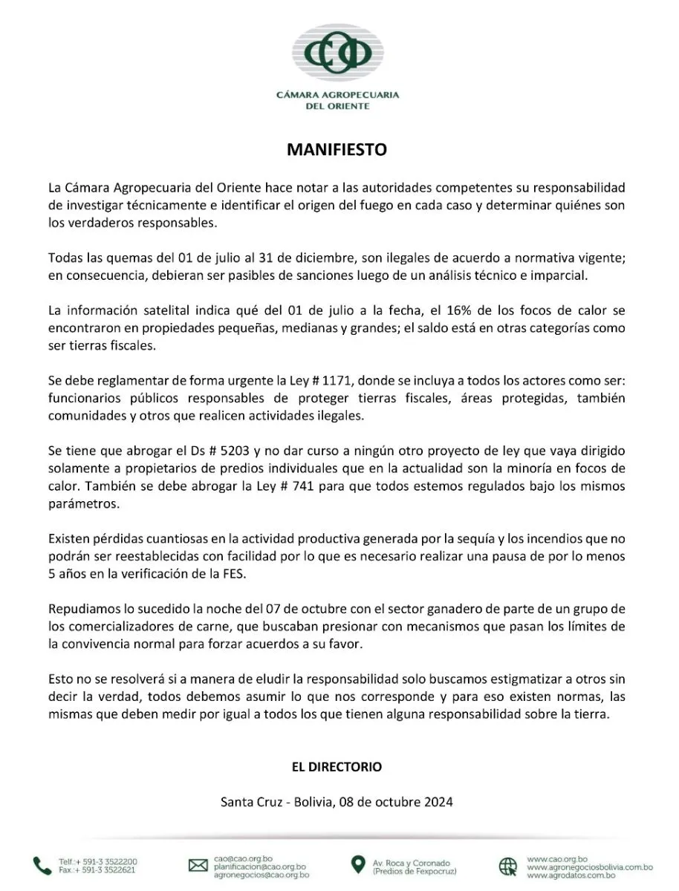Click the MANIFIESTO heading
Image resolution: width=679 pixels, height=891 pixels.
pos(337,150)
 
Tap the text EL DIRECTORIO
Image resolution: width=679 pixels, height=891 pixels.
pos(337,766)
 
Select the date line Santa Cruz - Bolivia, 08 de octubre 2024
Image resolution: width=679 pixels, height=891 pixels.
pos(337,802)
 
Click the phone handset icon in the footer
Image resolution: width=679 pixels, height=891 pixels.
pos(42,865)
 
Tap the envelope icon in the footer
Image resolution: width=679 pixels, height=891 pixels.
pos(198,865)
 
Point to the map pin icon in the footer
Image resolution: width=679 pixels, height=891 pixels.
pos(359,865)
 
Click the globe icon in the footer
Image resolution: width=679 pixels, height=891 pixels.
pos(508,866)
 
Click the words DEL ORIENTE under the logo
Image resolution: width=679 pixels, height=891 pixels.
pos(337,106)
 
